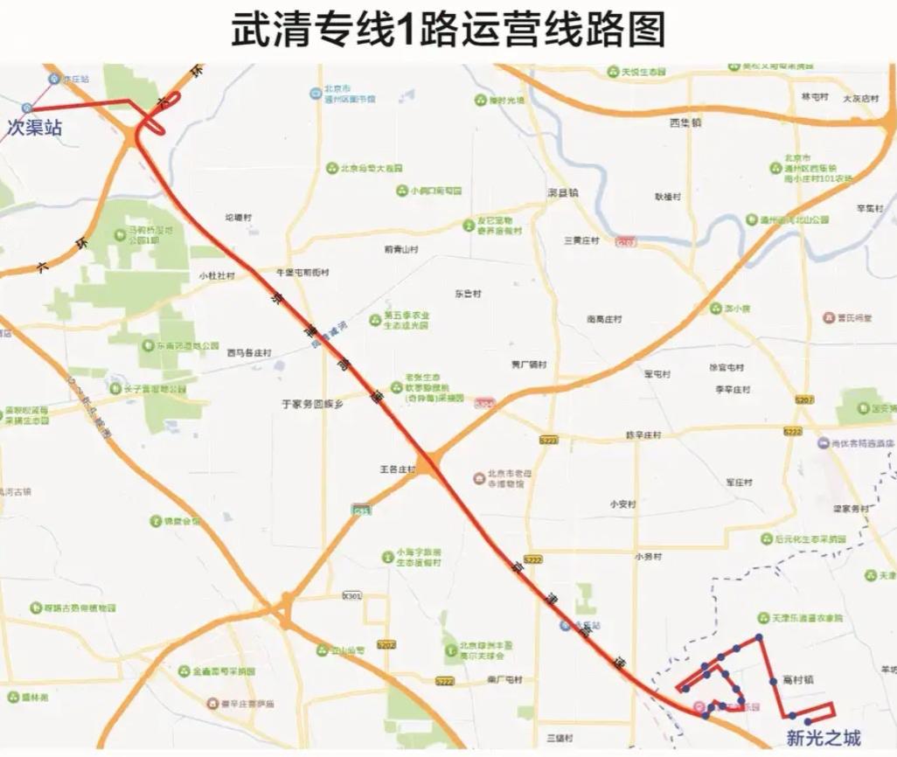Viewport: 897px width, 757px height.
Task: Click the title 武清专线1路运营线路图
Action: [x=448, y=30]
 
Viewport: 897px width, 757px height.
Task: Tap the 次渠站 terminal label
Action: [x=35, y=128]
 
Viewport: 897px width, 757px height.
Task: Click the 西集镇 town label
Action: [x=685, y=123]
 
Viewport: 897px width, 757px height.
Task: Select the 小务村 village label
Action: [x=648, y=556]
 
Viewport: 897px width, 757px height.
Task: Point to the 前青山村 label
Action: [x=401, y=249]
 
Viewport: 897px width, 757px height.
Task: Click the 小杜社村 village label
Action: [x=217, y=275]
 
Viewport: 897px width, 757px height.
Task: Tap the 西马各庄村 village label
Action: [x=249, y=353]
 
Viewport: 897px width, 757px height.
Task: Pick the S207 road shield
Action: [x=804, y=399]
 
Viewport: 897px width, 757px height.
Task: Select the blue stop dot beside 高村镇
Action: [x=773, y=681]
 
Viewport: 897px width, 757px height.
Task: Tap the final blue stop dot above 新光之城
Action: [x=809, y=721]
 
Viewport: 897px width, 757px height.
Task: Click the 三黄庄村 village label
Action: [x=581, y=240]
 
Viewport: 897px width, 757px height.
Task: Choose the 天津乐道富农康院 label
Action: [x=808, y=618]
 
